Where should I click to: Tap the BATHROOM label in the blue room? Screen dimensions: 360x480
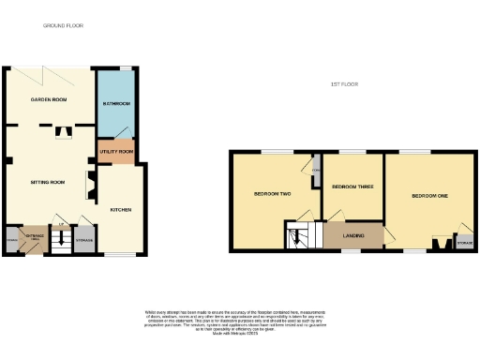(116, 103)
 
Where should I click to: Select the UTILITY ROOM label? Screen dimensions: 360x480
(117, 151)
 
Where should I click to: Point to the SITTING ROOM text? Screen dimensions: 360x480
(46, 181)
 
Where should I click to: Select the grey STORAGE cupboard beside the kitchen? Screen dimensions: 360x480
(84, 240)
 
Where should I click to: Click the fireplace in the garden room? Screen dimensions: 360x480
(63, 131)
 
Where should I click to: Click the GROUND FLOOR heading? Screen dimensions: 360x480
(63, 25)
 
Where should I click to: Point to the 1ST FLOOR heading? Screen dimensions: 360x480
(344, 84)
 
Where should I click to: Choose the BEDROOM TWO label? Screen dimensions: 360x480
(273, 194)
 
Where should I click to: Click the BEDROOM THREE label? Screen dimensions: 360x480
(352, 187)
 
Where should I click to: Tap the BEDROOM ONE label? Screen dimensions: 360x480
(429, 195)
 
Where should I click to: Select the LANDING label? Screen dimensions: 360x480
(353, 235)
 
